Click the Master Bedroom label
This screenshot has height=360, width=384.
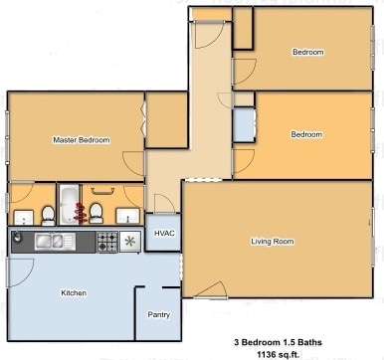click(81, 140)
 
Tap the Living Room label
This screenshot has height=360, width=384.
click(271, 241)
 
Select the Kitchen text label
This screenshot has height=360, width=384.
click(74, 293)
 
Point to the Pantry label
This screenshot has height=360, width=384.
click(158, 315)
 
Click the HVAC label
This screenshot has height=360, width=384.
click(163, 233)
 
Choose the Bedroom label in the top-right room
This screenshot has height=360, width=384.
click(307, 52)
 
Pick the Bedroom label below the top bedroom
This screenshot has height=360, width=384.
click(305, 134)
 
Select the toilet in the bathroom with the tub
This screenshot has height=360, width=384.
click(96, 211)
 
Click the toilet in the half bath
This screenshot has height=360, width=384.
click(47, 212)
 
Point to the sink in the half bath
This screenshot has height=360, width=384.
click(22, 216)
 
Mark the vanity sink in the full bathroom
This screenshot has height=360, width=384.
click(125, 216)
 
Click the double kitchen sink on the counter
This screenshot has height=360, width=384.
click(50, 241)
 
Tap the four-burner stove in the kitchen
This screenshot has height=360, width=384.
click(106, 241)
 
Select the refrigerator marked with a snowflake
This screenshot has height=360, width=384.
click(130, 241)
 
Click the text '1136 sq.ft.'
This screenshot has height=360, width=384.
click(278, 353)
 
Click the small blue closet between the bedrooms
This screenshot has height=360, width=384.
click(243, 125)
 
